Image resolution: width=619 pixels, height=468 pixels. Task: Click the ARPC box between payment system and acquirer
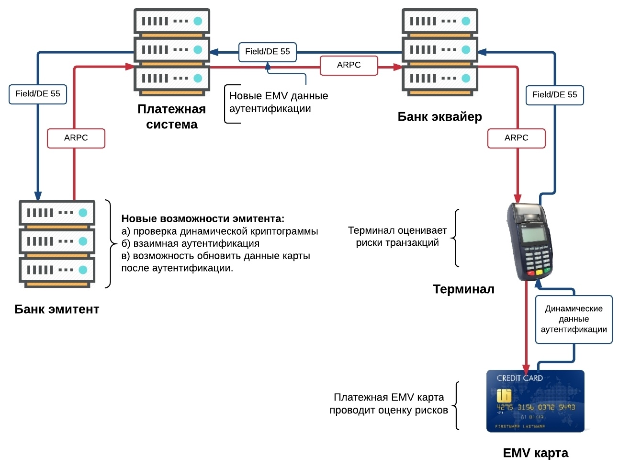coord(349,65)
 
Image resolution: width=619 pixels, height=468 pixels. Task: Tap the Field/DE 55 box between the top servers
coord(268,52)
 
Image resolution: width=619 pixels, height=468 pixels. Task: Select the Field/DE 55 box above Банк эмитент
coord(38,94)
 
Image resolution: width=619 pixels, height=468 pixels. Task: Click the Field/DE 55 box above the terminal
coord(554,95)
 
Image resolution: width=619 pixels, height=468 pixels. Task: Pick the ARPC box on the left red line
coord(76,138)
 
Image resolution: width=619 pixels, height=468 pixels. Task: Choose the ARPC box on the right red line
coord(516,138)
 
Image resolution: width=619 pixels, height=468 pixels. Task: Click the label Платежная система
coord(171,117)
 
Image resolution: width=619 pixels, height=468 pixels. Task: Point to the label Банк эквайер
coord(439,117)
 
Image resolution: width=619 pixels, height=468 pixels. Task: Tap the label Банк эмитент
coord(56,309)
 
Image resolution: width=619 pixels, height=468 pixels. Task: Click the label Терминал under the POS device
coord(463,289)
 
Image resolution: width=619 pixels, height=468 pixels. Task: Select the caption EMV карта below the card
coord(535,453)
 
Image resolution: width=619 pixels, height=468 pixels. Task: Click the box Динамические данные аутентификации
coord(574,319)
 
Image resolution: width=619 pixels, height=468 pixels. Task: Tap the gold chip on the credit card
coord(504,396)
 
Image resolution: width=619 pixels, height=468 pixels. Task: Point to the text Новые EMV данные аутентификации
coord(278,102)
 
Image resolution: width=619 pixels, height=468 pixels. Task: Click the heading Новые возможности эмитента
coord(203,219)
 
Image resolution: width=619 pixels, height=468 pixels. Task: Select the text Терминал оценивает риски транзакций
coord(397,237)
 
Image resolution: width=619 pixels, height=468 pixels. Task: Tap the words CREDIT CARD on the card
coord(519,378)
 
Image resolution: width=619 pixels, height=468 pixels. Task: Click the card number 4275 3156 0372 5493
coord(535,407)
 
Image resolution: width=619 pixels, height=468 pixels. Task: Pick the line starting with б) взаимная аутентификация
coord(190,244)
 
